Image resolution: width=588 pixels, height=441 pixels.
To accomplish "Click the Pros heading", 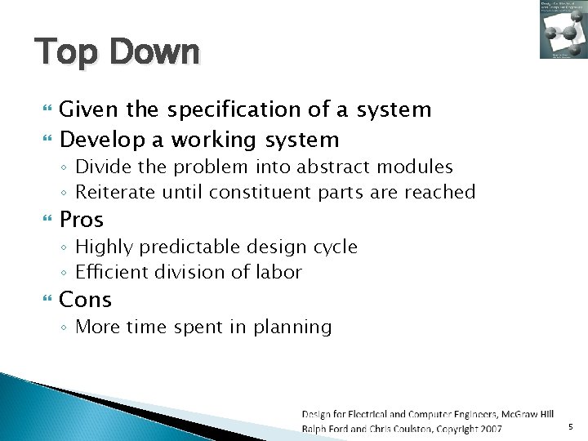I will tap(82, 220).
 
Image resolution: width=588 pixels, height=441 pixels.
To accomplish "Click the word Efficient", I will tap(109, 272).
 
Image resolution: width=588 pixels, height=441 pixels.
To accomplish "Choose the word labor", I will tap(278, 272).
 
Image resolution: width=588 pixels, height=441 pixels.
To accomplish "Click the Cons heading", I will tap(86, 300).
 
